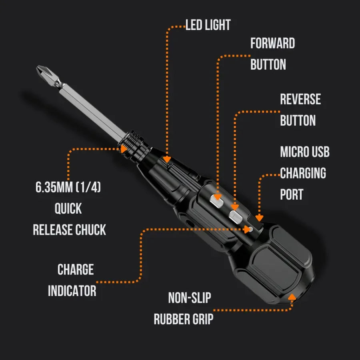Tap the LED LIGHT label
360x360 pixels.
(208, 25)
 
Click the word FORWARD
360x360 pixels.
(272, 43)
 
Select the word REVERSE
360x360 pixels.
(300, 99)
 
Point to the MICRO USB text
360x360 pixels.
(304, 152)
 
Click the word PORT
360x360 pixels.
(291, 194)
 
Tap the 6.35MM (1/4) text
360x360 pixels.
(68, 187)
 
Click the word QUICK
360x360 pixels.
(68, 208)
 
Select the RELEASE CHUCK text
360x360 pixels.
(69, 230)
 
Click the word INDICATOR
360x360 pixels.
(72, 291)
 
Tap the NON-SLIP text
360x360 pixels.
(189, 298)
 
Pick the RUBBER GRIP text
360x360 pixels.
(184, 319)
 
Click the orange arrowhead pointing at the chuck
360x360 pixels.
(124, 149)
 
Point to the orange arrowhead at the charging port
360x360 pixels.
(259, 218)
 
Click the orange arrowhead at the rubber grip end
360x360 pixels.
(292, 297)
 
